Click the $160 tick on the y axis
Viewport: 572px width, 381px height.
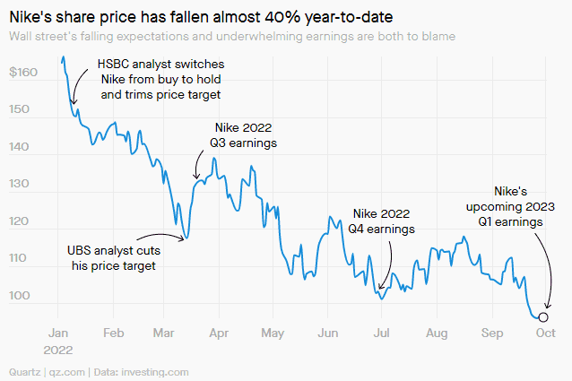click(22, 73)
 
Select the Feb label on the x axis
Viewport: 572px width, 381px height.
click(113, 333)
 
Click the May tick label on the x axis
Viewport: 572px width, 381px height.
click(273, 333)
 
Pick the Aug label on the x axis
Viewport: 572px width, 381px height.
click(437, 333)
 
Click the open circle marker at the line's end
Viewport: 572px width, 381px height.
click(543, 316)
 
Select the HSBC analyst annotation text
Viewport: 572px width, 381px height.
click(161, 80)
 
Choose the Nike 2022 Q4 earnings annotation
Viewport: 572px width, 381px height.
click(382, 221)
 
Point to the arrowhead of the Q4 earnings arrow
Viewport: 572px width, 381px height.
click(380, 290)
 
